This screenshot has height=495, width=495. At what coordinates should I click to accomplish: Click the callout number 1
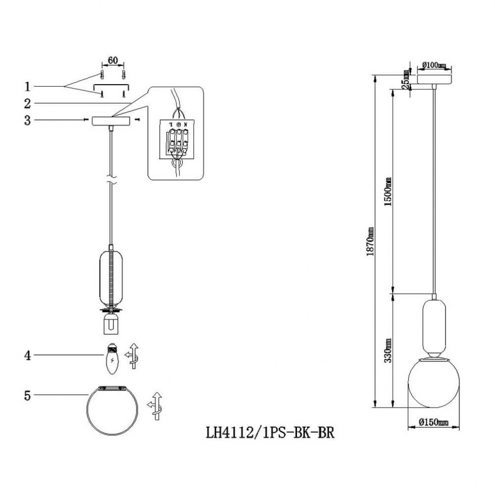[x=28, y=85]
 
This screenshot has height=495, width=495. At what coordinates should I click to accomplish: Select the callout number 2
[x=28, y=104]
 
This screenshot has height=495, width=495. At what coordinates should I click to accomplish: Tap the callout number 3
[x=28, y=121]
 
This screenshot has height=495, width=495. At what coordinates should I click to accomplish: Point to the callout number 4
[x=28, y=355]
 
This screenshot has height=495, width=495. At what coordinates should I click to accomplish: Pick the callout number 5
[x=28, y=395]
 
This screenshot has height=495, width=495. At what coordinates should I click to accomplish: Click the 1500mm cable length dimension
[x=388, y=191]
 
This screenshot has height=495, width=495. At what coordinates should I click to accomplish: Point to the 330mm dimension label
[x=388, y=351]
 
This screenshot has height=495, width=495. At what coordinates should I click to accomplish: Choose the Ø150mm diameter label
[x=433, y=423]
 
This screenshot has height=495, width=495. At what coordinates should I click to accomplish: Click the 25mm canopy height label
[x=406, y=81]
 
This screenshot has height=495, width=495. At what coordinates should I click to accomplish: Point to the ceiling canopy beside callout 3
[x=111, y=121]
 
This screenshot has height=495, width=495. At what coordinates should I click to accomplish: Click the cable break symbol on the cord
[x=111, y=181]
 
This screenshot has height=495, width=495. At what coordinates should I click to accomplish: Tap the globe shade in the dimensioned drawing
[x=433, y=383]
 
